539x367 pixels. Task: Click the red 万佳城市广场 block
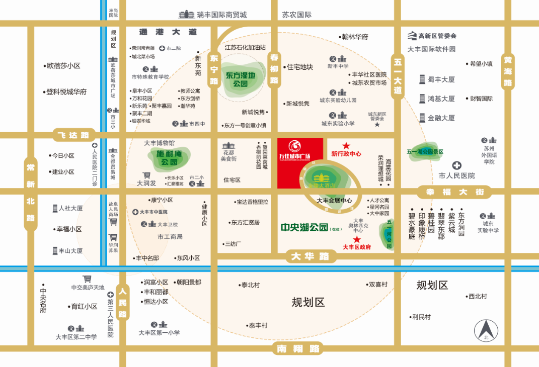coord(300,162)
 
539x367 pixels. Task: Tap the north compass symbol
coord(486,331)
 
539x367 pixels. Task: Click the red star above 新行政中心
coord(346,145)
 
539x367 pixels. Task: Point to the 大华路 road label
coord(310,256)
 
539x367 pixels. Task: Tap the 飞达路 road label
coord(73,135)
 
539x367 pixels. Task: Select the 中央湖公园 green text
coord(304,226)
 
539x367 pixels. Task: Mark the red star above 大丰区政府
coord(357,239)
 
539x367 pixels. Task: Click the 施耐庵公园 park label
coord(164,158)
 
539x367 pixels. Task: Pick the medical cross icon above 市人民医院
coord(456,165)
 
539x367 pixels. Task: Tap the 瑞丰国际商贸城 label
coord(221,15)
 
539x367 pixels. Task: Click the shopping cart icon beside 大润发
coord(146,175)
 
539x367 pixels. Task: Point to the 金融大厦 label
coord(441,118)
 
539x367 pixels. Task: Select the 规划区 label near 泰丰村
coord(308,302)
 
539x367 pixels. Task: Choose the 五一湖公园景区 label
coord(425,151)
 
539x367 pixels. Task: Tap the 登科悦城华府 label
coord(66,91)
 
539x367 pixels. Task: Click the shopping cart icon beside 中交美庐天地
coord(87,279)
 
